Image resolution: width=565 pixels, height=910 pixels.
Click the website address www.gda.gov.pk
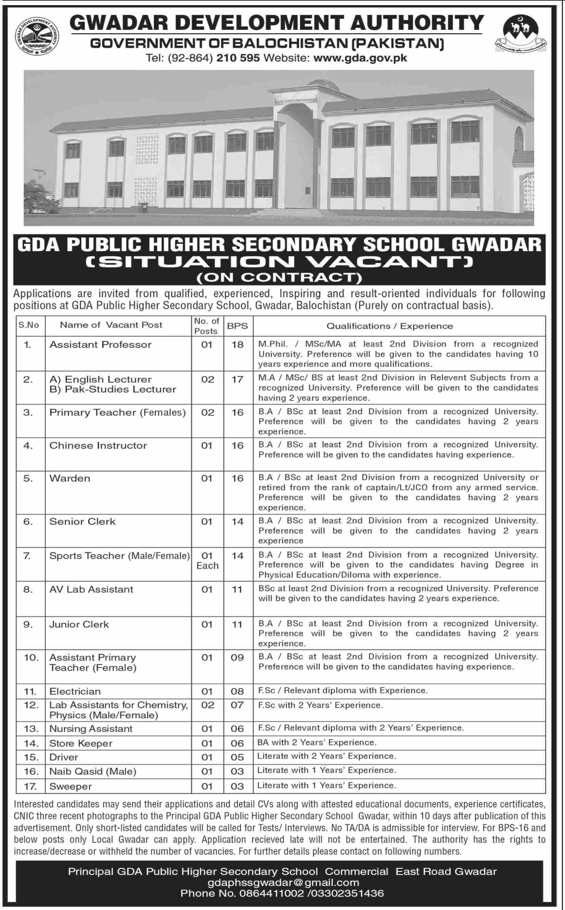[360, 58]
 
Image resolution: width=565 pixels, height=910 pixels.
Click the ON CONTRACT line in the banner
[279, 278]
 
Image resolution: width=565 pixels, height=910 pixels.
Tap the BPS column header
[238, 325]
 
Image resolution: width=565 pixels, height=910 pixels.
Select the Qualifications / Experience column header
[389, 326]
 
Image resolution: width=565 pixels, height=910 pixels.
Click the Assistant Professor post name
[100, 345]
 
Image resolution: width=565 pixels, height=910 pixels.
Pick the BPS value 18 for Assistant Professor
[238, 345]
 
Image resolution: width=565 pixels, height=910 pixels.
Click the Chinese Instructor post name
[98, 445]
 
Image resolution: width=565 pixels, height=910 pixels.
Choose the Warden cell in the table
[70, 478]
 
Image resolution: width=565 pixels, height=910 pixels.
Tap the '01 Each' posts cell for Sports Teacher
[207, 561]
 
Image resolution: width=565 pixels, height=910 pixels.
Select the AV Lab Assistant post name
[91, 589]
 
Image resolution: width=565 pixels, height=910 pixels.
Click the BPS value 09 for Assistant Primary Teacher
[237, 657]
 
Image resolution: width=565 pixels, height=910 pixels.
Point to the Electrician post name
[75, 691]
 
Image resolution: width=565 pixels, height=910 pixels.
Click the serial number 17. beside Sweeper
[30, 786]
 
